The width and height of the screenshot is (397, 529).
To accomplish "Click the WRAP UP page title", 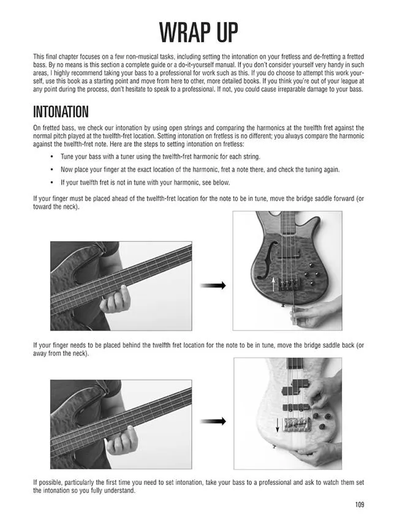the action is (198, 32).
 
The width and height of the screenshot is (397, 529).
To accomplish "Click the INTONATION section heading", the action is (61, 111).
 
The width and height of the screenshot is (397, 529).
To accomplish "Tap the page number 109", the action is (360, 505).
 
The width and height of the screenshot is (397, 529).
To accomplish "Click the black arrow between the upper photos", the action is (213, 285).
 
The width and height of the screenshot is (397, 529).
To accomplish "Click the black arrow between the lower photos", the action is (213, 421).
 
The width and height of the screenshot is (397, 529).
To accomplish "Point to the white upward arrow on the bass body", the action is (273, 285).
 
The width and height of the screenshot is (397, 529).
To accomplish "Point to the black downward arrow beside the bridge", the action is (278, 425).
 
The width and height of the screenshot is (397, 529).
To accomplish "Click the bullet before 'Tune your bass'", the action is (51, 157).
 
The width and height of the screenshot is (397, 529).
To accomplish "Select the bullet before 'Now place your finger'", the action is (51, 170).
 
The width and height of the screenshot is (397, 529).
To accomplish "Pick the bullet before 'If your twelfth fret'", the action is (51, 182).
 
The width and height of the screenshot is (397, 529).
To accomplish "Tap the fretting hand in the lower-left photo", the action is (122, 439).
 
